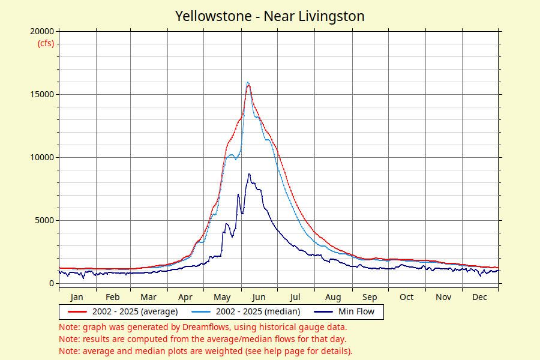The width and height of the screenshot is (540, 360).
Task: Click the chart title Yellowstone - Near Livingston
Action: pyautogui.click(x=269, y=16)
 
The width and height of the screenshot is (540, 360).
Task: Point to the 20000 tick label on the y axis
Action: pyautogui.click(x=42, y=31)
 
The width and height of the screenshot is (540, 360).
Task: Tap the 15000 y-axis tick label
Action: pyautogui.click(x=42, y=94)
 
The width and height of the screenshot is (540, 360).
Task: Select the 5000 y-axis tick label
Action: pyautogui.click(x=44, y=220)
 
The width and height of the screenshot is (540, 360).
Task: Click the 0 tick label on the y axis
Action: pyautogui.click(x=52, y=284)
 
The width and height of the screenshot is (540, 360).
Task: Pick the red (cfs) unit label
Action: pyautogui.click(x=46, y=43)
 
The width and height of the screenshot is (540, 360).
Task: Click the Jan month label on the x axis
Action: pyautogui.click(x=76, y=297)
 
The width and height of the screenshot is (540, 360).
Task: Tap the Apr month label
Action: pyautogui.click(x=185, y=298)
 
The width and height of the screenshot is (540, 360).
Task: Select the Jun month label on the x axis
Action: pyautogui.click(x=258, y=297)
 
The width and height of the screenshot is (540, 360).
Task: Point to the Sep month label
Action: pyautogui.click(x=370, y=298)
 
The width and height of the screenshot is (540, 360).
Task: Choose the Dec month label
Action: pyautogui.click(x=479, y=297)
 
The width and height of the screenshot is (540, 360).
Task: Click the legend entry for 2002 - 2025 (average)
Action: pyautogui.click(x=123, y=311)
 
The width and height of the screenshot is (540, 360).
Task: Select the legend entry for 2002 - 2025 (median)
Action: pyautogui.click(x=246, y=311)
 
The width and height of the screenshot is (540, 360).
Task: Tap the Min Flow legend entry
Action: pyautogui.click(x=344, y=311)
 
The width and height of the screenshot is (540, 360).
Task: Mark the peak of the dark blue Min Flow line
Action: pyautogui.click(x=249, y=175)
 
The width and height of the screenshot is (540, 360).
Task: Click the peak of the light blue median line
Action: pyautogui.click(x=248, y=82)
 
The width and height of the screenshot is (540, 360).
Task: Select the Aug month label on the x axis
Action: pyautogui.click(x=333, y=298)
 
